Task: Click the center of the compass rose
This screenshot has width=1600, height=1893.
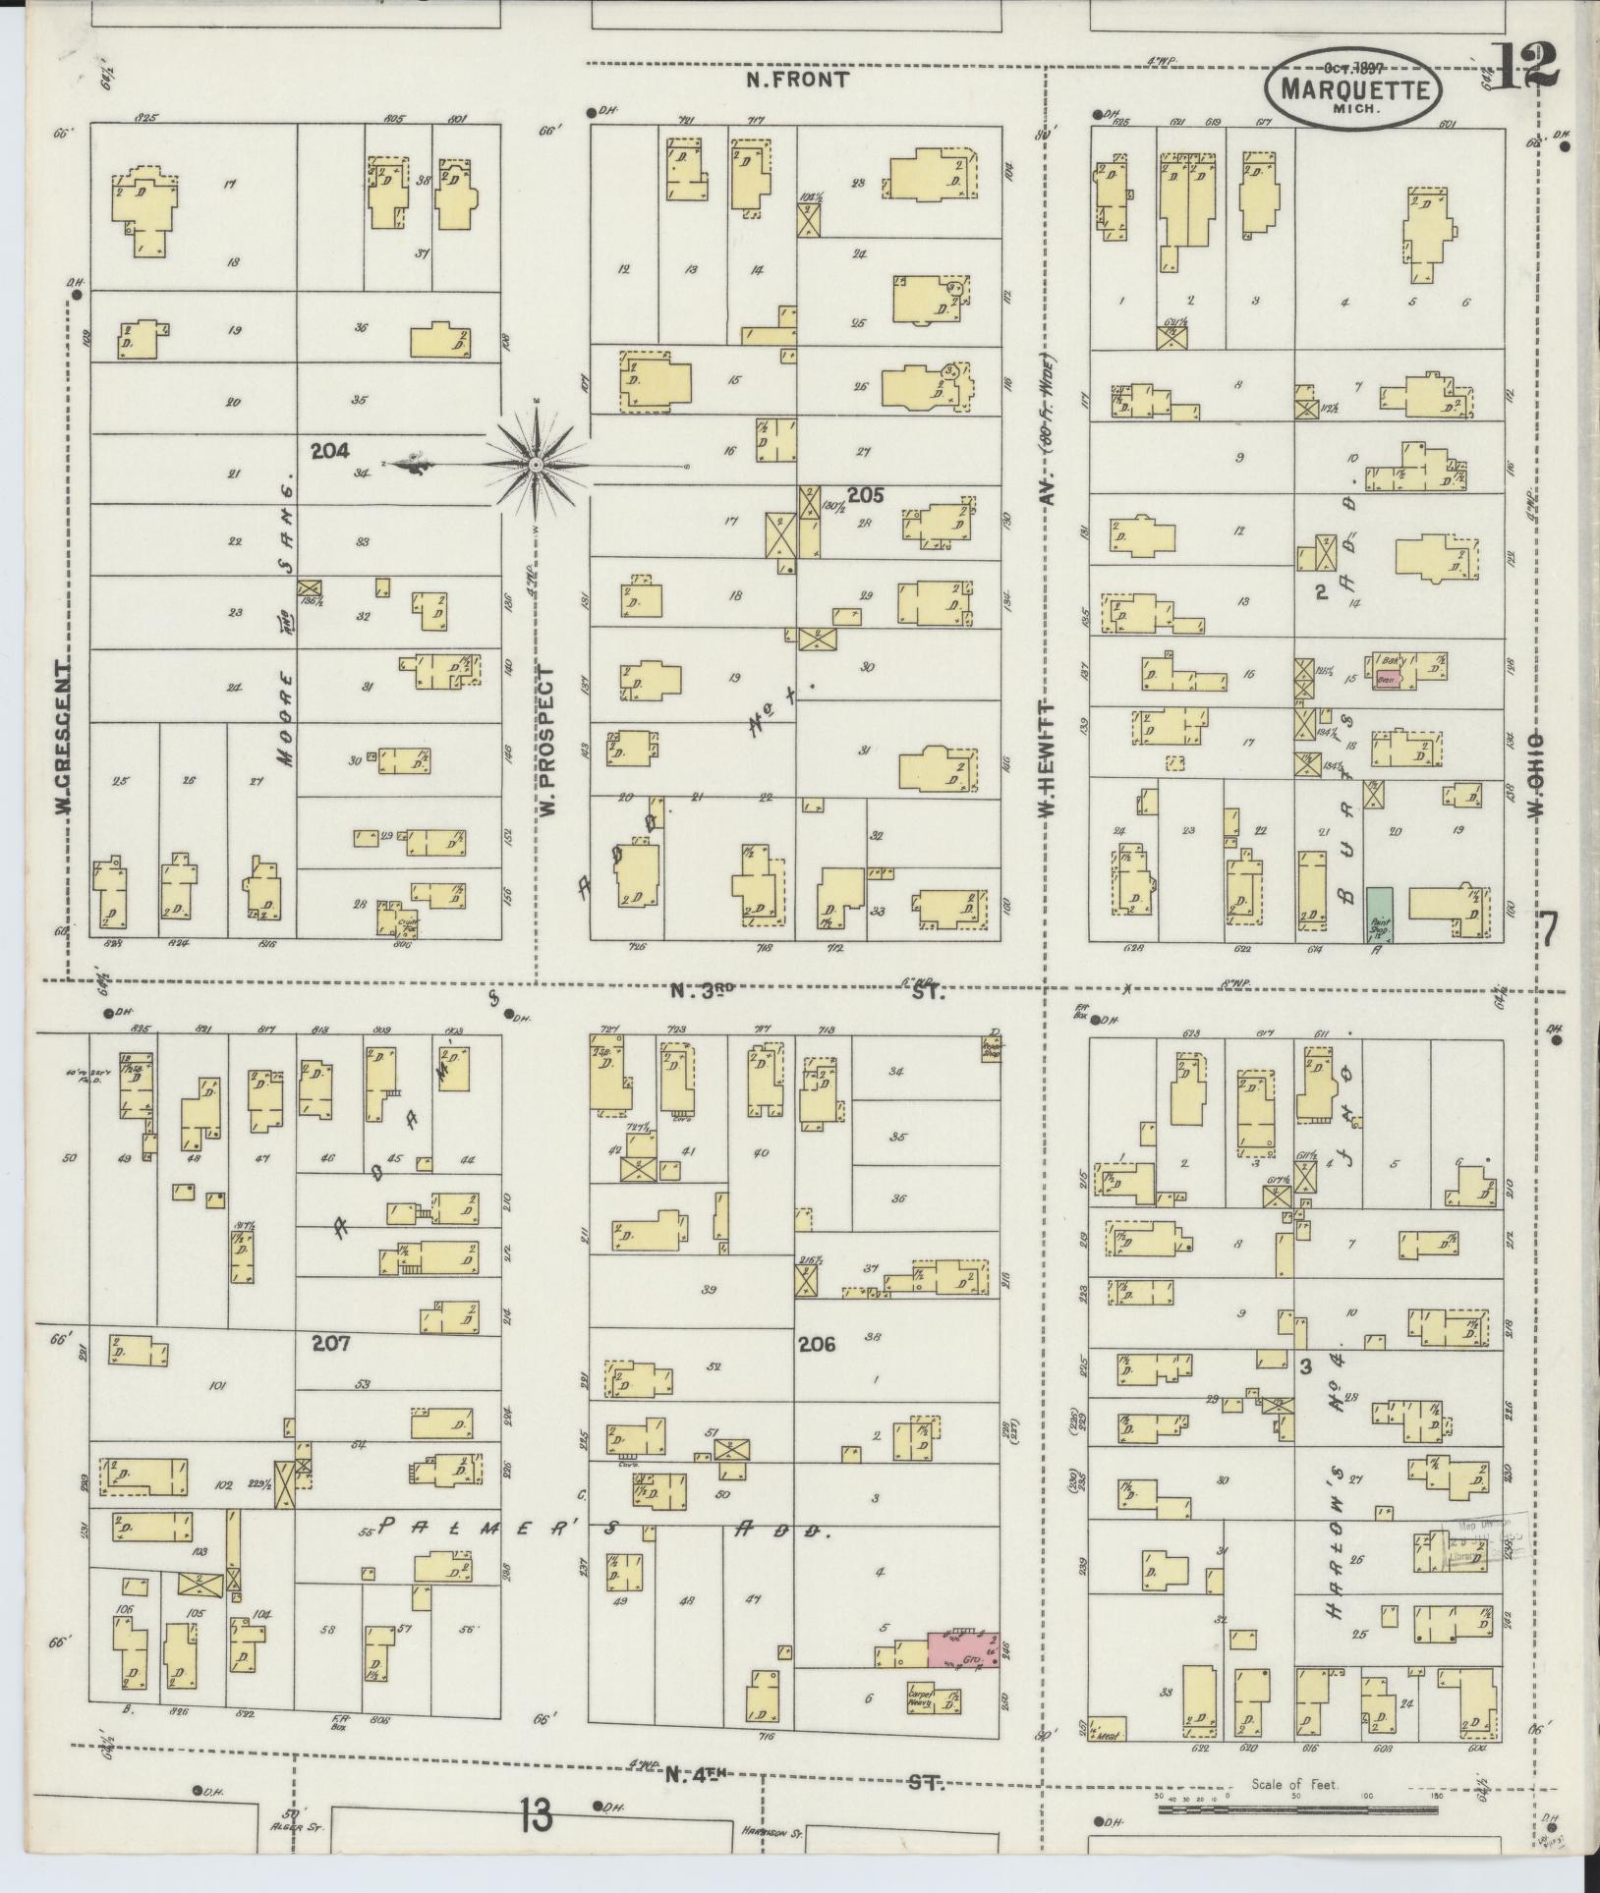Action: tap(536, 463)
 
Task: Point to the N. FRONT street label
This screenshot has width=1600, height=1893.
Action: tap(796, 81)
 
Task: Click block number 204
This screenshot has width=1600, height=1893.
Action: tap(330, 451)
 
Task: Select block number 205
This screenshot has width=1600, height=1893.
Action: tap(865, 496)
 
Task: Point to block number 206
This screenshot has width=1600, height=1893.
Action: tap(816, 1344)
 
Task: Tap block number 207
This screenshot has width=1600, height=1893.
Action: tap(330, 1342)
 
